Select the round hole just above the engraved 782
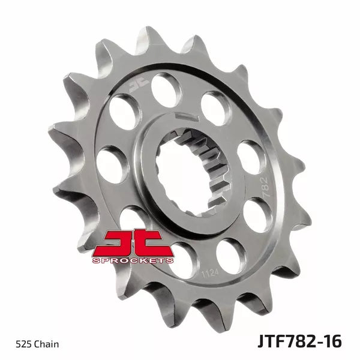coord(250,155)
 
